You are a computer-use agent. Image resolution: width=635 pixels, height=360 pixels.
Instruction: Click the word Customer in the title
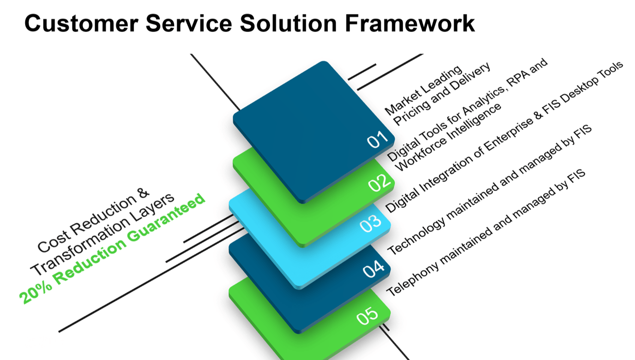(x=81, y=23)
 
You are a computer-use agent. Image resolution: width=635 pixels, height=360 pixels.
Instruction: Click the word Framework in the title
(x=410, y=23)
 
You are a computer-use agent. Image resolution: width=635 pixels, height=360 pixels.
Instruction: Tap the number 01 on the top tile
(x=377, y=139)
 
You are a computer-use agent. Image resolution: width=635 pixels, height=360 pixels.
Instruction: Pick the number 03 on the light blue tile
(x=371, y=223)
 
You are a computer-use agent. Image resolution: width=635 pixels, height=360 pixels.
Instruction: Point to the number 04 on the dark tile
(x=374, y=268)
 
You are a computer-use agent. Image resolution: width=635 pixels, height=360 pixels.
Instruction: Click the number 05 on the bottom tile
(x=367, y=316)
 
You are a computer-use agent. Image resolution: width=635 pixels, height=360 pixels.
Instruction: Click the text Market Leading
(x=423, y=90)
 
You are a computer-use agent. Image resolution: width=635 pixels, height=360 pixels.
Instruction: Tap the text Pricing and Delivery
(x=442, y=94)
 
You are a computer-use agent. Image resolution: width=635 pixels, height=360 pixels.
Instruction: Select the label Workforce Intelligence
(x=448, y=137)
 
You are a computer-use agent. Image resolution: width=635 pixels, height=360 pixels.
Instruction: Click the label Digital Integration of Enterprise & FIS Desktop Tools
(x=504, y=137)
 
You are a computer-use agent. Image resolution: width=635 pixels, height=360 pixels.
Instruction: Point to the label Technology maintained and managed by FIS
(x=490, y=189)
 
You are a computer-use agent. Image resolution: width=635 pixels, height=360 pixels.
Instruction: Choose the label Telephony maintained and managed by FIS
(x=486, y=233)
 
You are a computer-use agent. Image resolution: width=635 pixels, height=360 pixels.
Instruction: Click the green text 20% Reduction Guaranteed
(x=112, y=249)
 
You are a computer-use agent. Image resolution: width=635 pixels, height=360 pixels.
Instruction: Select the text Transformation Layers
(x=102, y=234)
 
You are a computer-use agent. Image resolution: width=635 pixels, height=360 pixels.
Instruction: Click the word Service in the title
(x=189, y=23)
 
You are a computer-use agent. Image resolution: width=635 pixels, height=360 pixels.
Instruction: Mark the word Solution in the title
(x=289, y=23)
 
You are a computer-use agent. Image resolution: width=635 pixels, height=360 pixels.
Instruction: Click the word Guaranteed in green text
(x=166, y=218)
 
